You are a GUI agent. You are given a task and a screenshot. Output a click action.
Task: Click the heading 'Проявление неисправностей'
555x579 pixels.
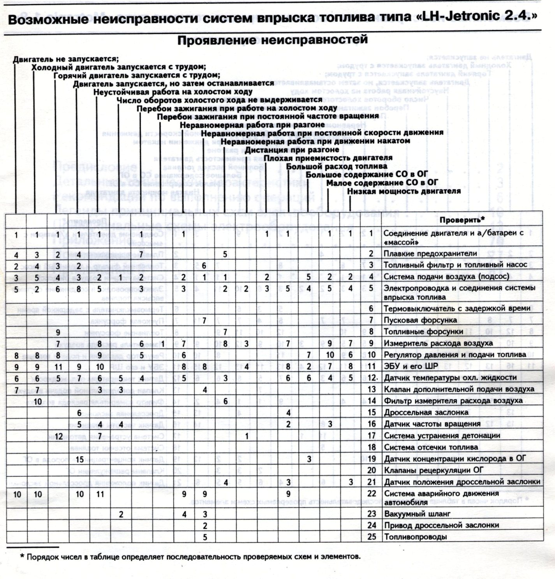pyautogui.click(x=273, y=40)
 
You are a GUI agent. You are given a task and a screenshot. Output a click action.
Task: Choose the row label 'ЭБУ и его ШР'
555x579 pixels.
pyautogui.click(x=411, y=366)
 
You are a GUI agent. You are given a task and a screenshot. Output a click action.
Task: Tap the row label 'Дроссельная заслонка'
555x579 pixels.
pyautogui.click(x=426, y=412)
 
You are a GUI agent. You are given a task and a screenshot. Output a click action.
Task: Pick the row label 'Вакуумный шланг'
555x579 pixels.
pyautogui.click(x=417, y=514)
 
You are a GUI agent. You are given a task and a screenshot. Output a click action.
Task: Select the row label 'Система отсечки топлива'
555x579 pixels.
pyautogui.click(x=431, y=447)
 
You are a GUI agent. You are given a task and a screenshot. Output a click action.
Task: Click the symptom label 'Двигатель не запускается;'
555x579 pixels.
pyautogui.click(x=65, y=59)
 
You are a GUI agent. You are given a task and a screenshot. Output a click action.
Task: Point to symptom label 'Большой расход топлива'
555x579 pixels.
pyautogui.click(x=337, y=166)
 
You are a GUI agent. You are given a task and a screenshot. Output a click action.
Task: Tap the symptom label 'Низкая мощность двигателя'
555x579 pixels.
pyautogui.click(x=404, y=191)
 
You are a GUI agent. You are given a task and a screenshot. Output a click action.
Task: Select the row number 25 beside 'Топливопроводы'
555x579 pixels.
pyautogui.click(x=372, y=537)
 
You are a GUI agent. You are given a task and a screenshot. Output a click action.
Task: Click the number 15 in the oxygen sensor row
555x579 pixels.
pyautogui.click(x=79, y=459)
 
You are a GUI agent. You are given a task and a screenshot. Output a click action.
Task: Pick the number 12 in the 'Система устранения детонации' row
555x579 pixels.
pyautogui.click(x=59, y=436)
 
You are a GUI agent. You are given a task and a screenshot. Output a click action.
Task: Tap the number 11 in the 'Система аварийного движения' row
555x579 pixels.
pyautogui.click(x=100, y=494)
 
